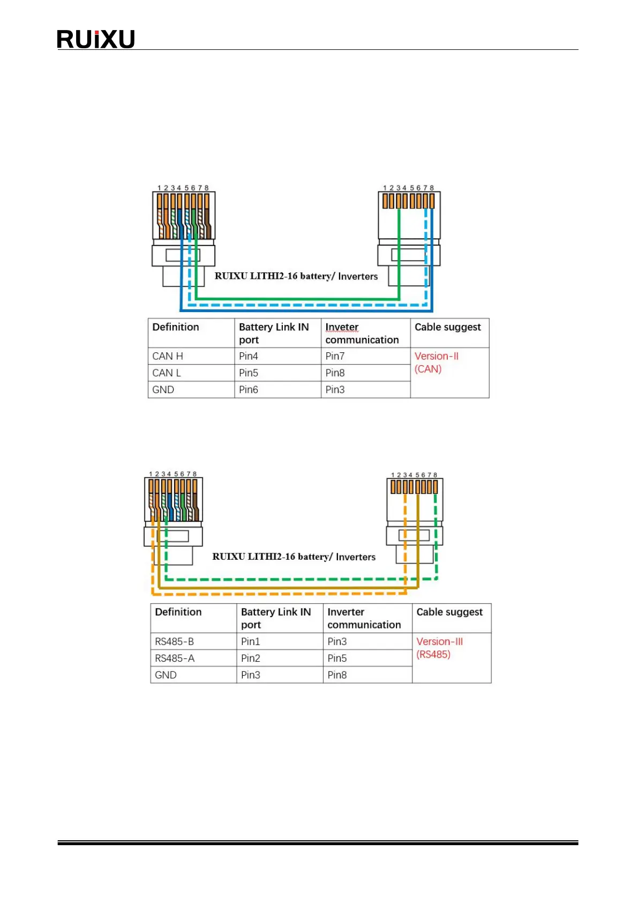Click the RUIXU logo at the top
click(x=95, y=39)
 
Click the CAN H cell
click(x=168, y=356)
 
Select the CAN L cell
click(x=167, y=373)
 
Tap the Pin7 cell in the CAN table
click(x=335, y=356)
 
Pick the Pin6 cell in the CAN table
click(x=249, y=390)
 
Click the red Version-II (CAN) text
click(x=436, y=362)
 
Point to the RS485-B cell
click(x=174, y=641)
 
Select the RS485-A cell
click(x=174, y=658)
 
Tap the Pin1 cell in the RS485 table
click(x=250, y=641)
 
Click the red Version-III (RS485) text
click(x=439, y=648)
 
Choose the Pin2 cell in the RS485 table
click(x=250, y=658)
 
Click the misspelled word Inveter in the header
click(x=342, y=327)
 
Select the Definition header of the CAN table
click(x=176, y=327)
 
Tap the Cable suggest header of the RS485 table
click(x=449, y=612)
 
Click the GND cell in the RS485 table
click(x=166, y=675)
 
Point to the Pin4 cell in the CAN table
click(x=249, y=356)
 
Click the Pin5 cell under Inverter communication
click(x=337, y=658)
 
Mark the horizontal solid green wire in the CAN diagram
click(x=297, y=299)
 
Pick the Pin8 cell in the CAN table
click(x=335, y=373)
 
